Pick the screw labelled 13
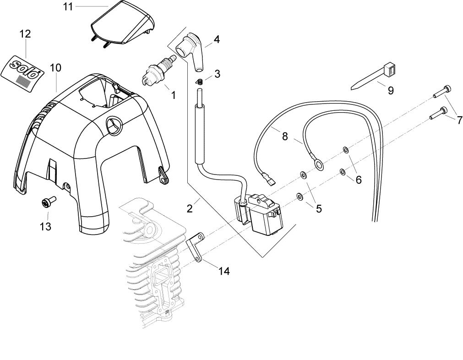tap(47, 202)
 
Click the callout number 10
tap(55, 68)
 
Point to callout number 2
tap(190, 208)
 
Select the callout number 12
tap(25, 34)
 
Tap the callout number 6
tap(358, 180)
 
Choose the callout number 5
tap(318, 208)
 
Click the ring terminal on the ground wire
tap(317, 161)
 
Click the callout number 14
tap(223, 271)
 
